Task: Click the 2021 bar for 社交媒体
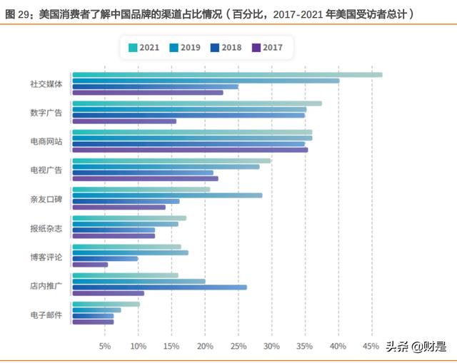pos(227,75)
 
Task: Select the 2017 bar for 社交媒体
pos(148,93)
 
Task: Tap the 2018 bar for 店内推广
pos(159,287)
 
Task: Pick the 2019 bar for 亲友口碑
pos(167,195)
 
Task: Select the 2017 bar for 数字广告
pos(124,121)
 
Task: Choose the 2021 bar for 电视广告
pos(171,160)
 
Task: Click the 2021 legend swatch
pos(133,48)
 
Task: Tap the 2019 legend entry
pos(184,48)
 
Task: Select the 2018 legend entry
pos(227,48)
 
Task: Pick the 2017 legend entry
pos(267,48)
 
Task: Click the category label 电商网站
pos(46,141)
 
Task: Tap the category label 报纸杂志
pos(46,228)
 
